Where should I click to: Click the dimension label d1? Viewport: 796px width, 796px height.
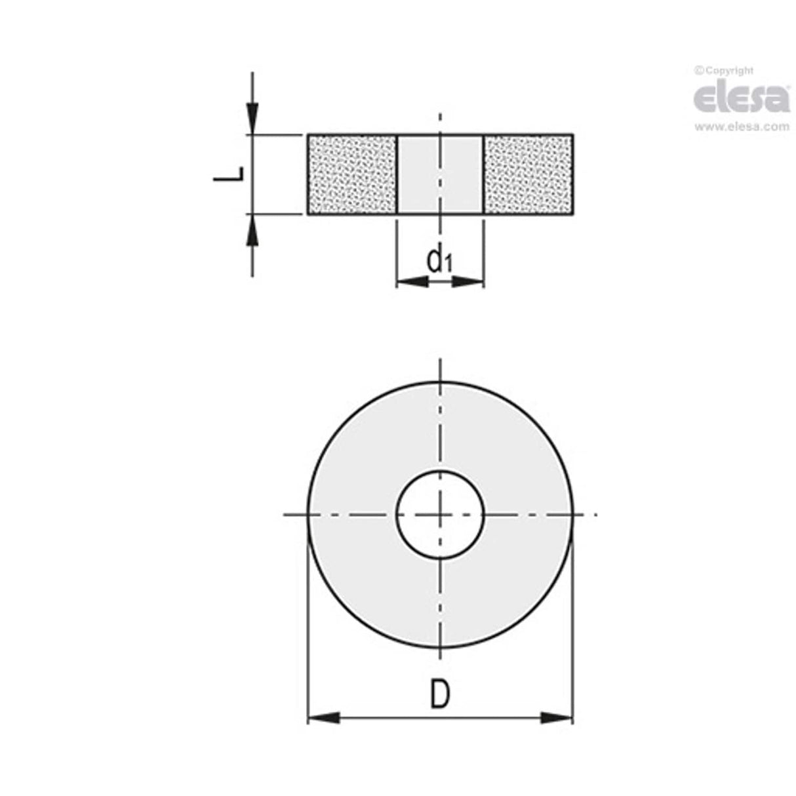439,260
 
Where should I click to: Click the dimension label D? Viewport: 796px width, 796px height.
440,694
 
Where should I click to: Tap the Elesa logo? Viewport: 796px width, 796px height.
741,98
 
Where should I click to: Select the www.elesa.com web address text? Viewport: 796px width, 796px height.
742,127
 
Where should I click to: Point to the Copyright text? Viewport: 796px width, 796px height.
724,70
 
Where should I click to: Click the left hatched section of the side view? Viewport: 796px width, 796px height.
353,174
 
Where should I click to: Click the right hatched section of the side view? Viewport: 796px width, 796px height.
528,174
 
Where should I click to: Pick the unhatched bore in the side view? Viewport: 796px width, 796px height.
440,174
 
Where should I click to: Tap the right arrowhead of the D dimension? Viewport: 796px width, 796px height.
557,718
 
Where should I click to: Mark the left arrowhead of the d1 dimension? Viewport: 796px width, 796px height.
412,282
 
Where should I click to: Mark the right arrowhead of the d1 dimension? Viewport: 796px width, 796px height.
468,282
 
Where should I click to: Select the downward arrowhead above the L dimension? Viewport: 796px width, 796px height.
252,119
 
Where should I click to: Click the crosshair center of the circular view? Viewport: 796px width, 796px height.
440,515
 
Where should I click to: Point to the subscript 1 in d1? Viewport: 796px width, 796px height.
448,265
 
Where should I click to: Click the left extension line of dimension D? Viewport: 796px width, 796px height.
308,623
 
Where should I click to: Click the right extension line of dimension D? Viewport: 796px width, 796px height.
573,623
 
